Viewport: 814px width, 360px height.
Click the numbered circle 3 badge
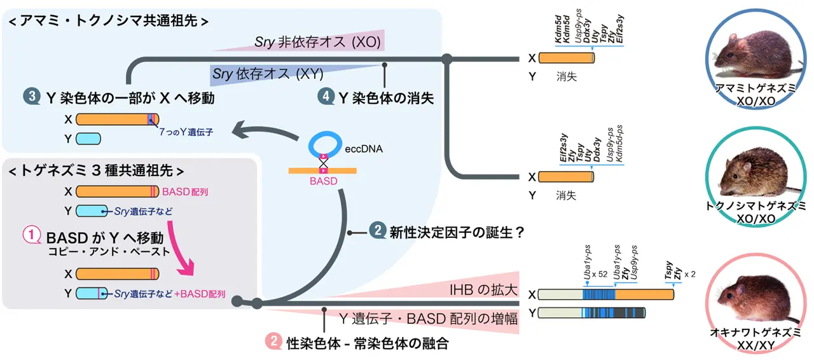click(30, 98)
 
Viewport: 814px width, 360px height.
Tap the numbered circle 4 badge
click(326, 98)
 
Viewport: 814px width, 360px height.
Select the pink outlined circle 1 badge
click(32, 237)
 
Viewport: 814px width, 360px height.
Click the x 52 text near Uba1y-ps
click(600, 275)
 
